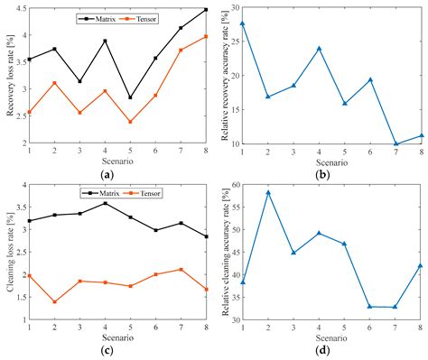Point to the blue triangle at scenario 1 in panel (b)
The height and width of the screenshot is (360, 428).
point(242,23)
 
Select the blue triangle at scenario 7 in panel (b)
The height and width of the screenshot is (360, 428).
point(395,143)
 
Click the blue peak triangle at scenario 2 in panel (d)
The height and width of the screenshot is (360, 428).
point(268,192)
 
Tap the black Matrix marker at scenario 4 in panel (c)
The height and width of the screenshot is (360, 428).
point(105,203)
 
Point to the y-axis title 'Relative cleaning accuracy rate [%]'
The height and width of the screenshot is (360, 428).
point(221,251)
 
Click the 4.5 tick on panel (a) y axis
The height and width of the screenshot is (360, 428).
point(17,8)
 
